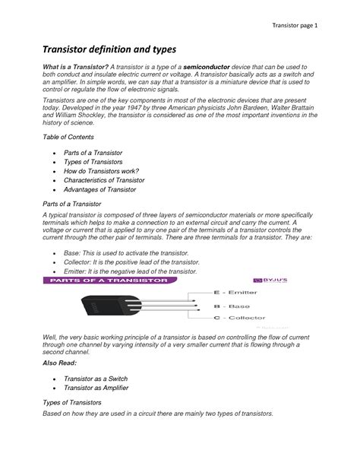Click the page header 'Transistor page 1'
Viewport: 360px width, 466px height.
pyautogui.click(x=295, y=26)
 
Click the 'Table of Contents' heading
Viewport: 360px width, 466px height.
pyautogui.click(x=68, y=137)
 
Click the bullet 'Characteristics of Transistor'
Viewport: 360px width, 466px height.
pyautogui.click(x=104, y=180)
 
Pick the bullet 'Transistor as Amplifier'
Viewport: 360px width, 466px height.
pyautogui.click(x=96, y=388)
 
